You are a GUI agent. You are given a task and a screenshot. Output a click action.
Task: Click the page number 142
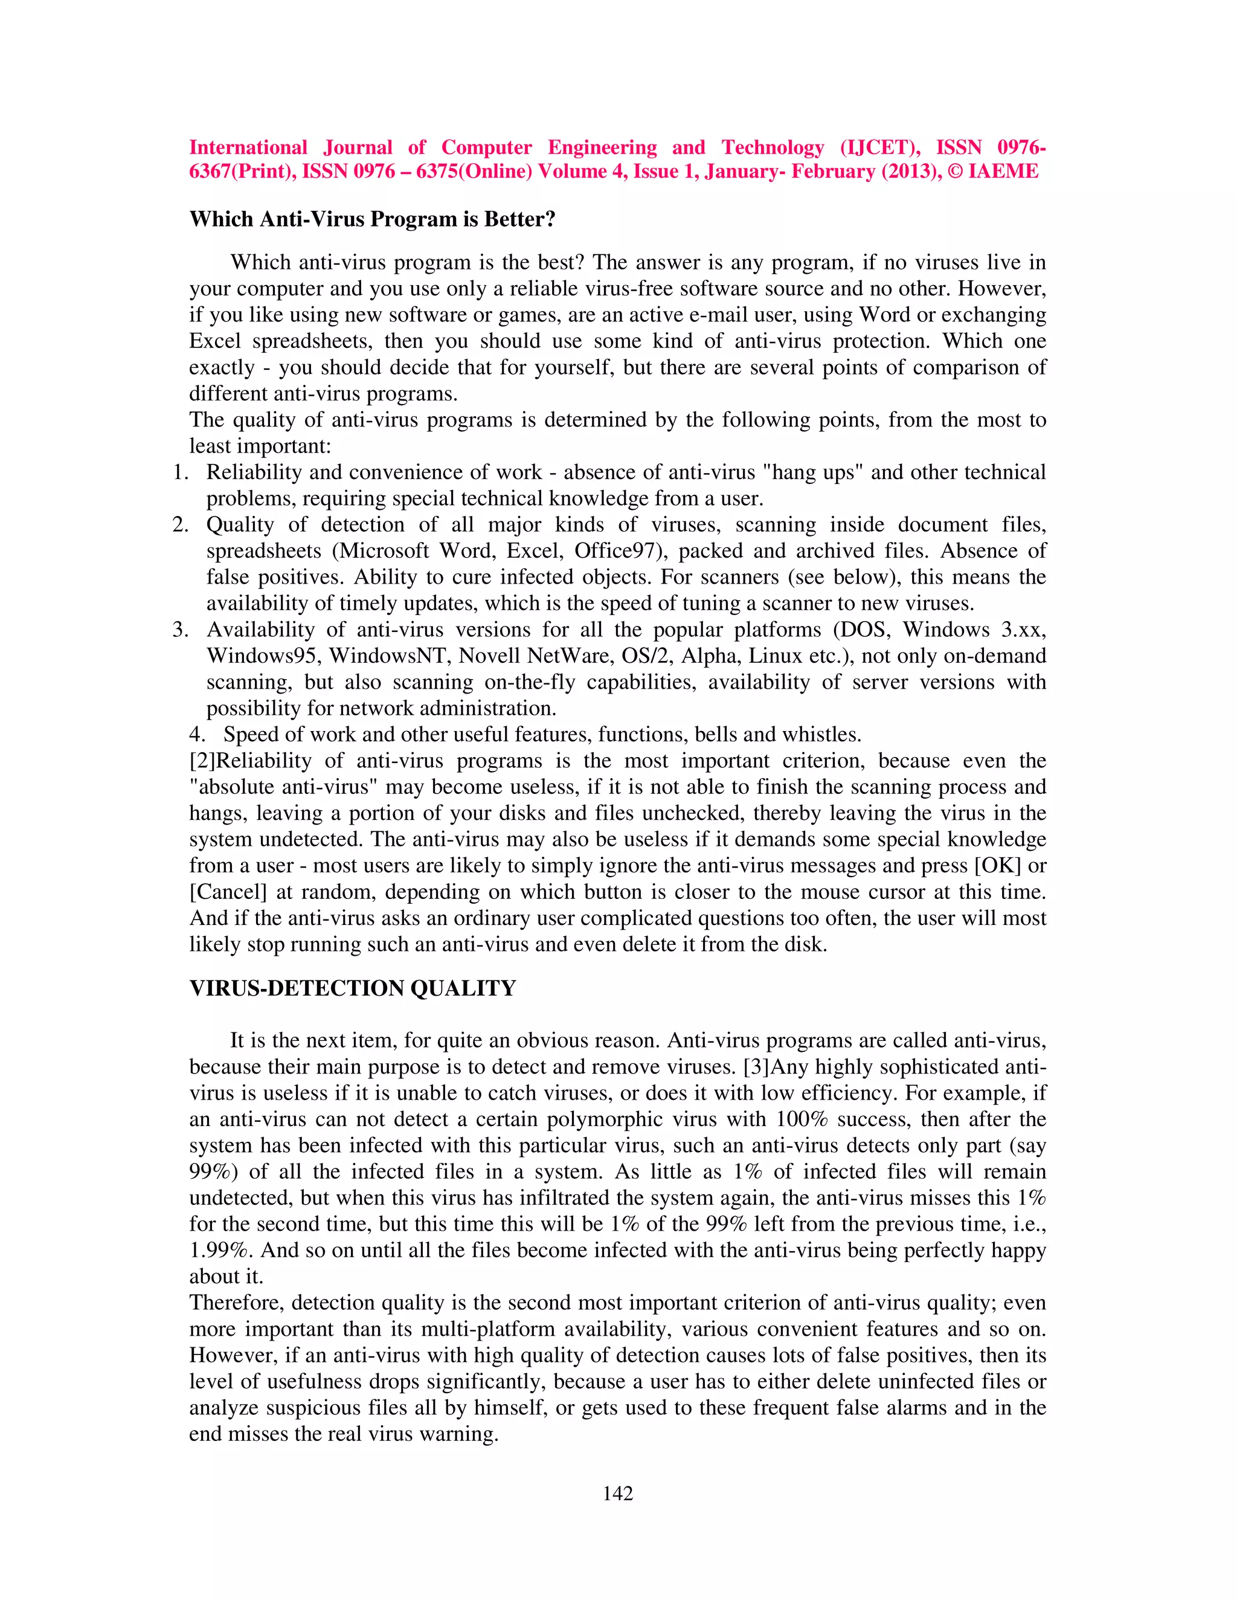pos(618,1493)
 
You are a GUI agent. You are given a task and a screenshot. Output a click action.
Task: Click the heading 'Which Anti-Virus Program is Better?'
pos(372,219)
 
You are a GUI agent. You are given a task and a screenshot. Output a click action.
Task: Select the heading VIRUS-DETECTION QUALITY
pos(353,988)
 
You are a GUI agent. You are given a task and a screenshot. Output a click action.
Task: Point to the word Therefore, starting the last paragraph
pos(237,1303)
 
